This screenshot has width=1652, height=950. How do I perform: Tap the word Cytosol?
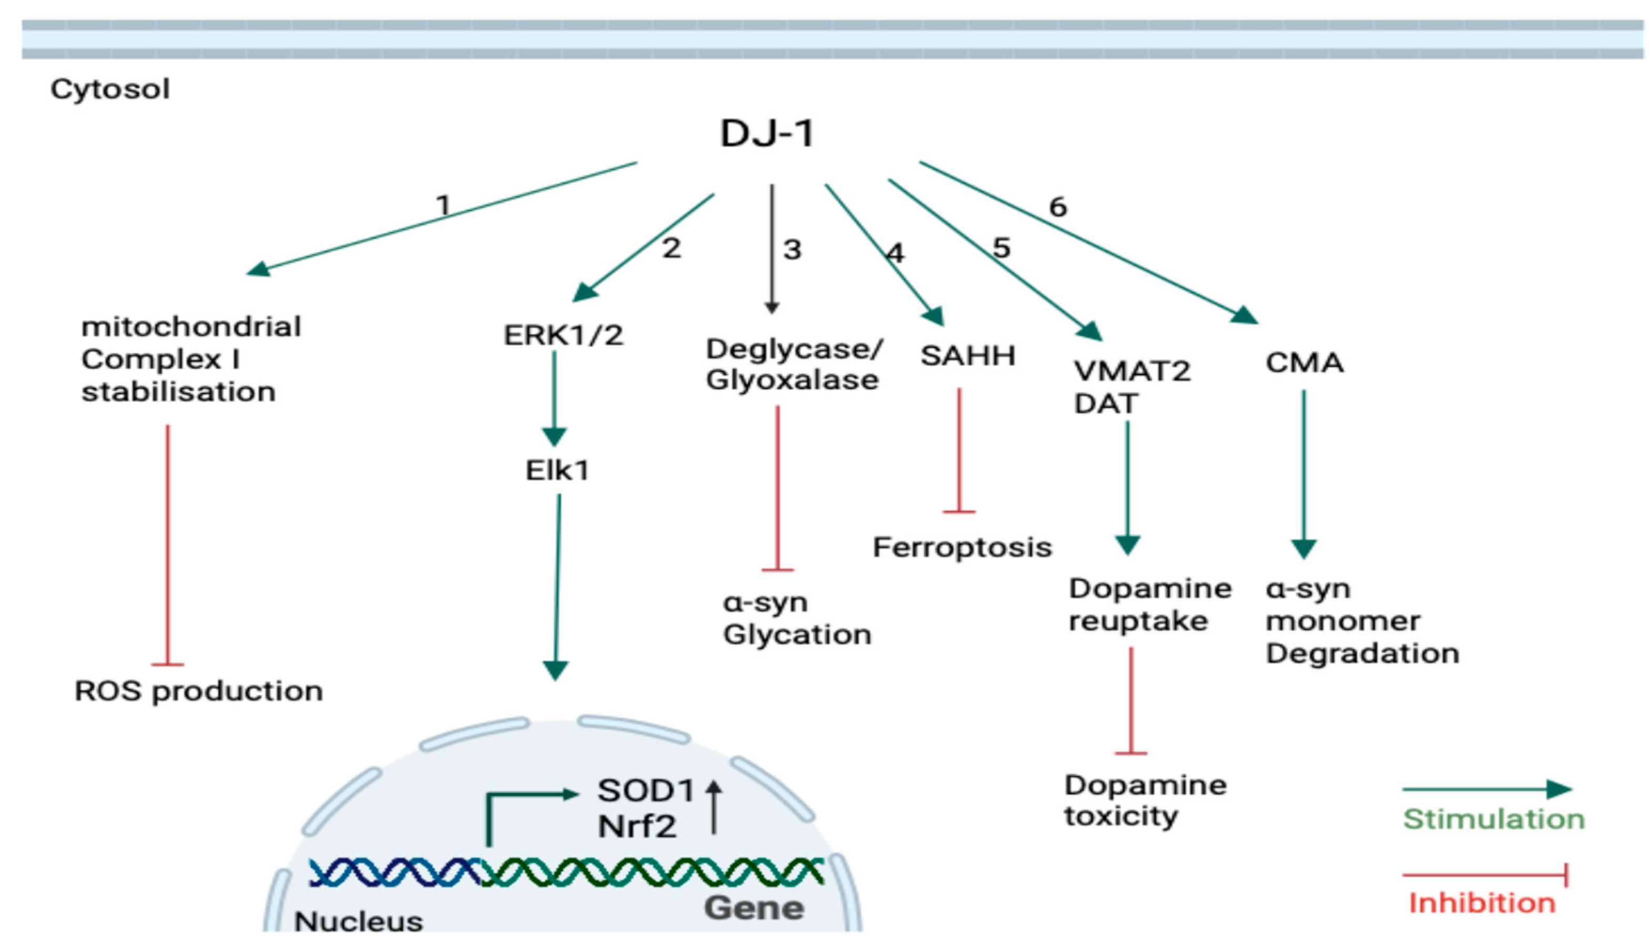[x=110, y=89]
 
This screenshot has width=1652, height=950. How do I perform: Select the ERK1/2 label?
[x=563, y=335]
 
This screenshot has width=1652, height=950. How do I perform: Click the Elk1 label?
[x=557, y=470]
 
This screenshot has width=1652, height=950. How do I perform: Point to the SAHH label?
[x=967, y=356]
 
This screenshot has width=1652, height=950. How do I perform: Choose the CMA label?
[x=1304, y=363]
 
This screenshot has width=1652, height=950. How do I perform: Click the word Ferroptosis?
[x=962, y=547]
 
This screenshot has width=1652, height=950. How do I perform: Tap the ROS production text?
[x=198, y=691]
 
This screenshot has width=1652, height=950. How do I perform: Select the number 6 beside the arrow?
[x=1057, y=207]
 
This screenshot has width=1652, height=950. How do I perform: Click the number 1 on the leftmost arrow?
[x=444, y=205]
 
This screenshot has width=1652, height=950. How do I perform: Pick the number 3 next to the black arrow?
[x=792, y=249]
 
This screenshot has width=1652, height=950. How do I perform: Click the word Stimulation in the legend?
[x=1493, y=819]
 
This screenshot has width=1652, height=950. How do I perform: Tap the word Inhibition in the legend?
[x=1482, y=903]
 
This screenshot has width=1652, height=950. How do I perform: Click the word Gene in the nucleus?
[x=754, y=907]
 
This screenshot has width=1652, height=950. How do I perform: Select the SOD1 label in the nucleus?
[x=646, y=791]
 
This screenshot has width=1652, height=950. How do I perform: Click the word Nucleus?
[x=359, y=921]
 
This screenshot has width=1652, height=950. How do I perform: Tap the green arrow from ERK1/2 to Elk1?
[x=554, y=398]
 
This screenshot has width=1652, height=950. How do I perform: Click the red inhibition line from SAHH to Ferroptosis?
[x=959, y=450]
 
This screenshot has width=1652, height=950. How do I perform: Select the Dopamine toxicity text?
[x=1145, y=801]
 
